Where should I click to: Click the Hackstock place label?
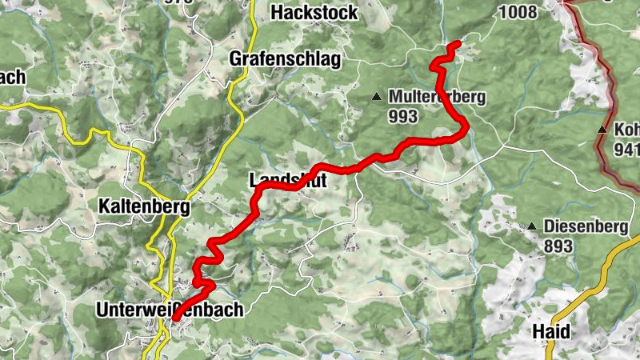click(314, 13)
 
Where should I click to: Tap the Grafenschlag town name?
click(285, 59)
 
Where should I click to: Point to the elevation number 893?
click(558, 246)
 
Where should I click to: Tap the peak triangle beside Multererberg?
click(376, 98)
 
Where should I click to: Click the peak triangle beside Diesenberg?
click(532, 226)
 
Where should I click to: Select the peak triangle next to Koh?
click(601, 130)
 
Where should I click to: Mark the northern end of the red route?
click(458, 42)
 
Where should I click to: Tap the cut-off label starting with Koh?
click(626, 129)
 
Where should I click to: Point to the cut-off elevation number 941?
click(626, 149)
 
